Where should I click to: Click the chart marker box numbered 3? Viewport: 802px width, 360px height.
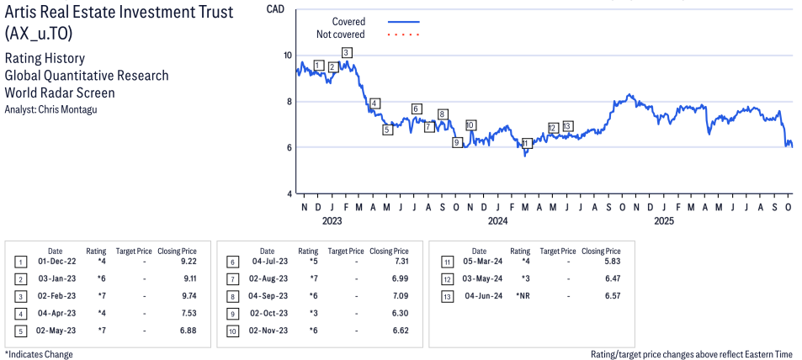(347, 52)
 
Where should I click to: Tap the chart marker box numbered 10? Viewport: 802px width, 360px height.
(470, 125)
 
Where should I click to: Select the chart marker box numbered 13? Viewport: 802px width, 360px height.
(567, 126)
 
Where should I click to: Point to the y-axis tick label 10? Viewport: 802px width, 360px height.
(288, 56)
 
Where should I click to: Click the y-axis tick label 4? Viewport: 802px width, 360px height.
(289, 194)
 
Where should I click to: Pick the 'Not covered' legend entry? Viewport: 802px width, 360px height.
(340, 34)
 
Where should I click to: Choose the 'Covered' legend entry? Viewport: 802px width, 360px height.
(348, 21)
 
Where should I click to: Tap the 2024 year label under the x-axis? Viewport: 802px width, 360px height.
(498, 221)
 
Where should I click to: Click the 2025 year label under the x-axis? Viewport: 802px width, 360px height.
(664, 221)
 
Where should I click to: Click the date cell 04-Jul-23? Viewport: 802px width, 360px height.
(267, 261)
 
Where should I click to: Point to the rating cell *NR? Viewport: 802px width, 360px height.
(521, 295)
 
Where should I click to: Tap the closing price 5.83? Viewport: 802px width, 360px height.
(610, 261)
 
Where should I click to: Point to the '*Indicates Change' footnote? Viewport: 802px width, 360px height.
(39, 354)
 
